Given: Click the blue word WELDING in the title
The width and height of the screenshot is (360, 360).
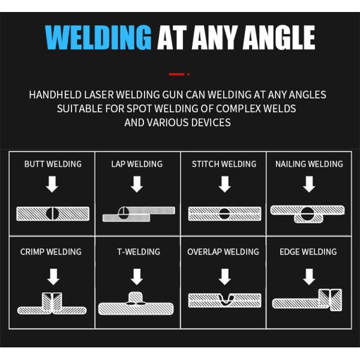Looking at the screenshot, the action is tap(98, 37).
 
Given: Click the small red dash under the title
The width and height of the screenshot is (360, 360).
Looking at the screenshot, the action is tap(177, 74).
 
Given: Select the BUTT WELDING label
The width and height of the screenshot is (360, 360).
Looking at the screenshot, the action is tap(53, 164).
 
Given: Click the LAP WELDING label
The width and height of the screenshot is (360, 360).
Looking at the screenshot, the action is tap(137, 164).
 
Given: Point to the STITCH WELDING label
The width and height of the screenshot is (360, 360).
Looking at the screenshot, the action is tap(224, 164).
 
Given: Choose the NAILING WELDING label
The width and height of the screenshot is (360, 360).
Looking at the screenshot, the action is tap(309, 164).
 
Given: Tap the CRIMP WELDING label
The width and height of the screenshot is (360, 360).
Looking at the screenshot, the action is tap(51, 252).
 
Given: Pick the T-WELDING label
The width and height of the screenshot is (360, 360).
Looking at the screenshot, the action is tap(138, 252).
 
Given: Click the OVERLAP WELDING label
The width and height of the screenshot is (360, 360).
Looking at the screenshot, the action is tap(223, 252).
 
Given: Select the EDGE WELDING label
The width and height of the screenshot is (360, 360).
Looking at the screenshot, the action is tap(308, 252).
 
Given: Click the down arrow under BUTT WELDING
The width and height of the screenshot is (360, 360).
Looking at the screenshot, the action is tap(52, 184).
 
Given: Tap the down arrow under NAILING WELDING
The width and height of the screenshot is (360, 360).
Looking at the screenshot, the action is tap(309, 184).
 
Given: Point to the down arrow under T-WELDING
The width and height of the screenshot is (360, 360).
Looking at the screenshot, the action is tap(137, 277).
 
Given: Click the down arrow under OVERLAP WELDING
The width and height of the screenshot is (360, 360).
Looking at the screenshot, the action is tap(224, 277).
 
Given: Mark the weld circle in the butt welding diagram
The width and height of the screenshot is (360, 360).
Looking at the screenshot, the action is tap(52, 213).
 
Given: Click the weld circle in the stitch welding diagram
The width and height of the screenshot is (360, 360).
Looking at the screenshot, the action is tap(224, 213).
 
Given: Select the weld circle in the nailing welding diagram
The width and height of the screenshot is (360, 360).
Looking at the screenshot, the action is tap(308, 212).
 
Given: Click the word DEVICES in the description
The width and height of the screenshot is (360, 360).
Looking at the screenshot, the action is tap(208, 122).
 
